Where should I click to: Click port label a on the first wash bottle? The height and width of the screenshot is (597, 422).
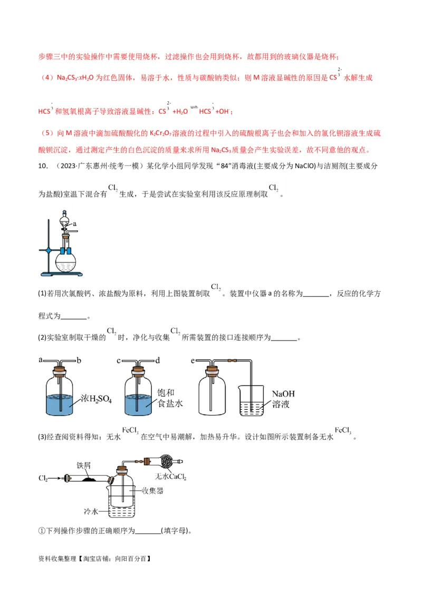[x=41, y=360]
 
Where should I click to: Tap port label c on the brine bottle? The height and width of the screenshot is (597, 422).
[x=119, y=360]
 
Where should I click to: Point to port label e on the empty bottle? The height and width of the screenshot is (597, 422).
[x=193, y=360]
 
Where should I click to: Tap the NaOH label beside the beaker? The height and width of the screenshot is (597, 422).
[x=283, y=394]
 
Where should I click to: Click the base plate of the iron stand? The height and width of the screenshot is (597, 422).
[x=62, y=274]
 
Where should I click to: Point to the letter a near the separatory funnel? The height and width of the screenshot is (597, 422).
[x=75, y=224]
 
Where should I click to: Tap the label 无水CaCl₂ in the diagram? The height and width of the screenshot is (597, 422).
[x=170, y=477]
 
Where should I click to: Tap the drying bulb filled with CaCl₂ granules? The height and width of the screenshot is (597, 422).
[x=161, y=461]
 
